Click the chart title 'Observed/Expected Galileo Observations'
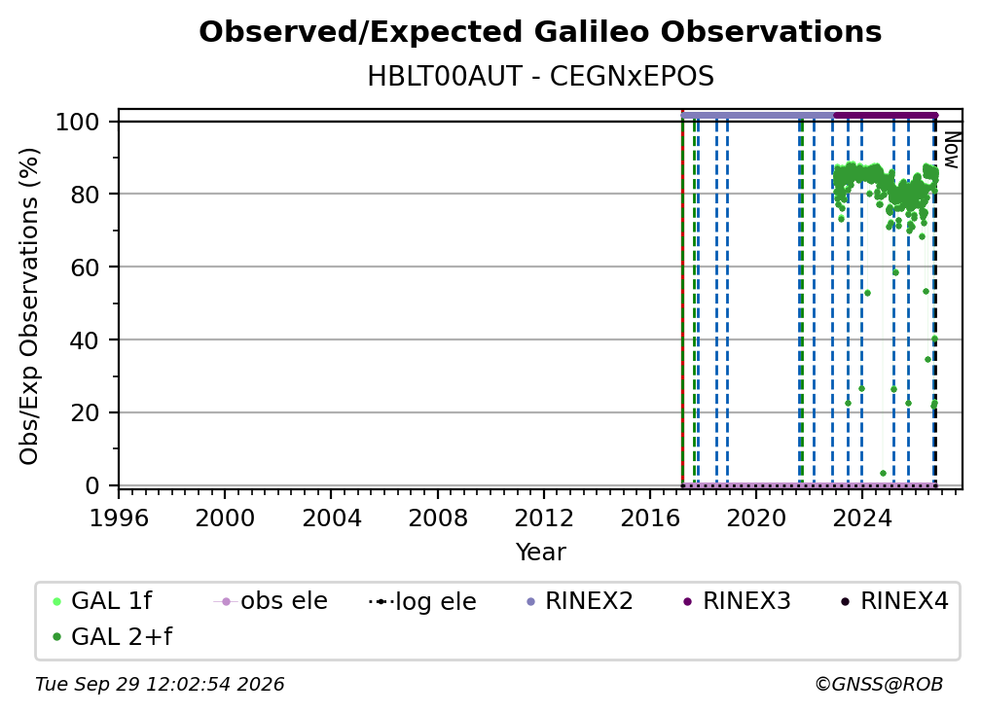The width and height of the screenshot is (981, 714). coord(540,32)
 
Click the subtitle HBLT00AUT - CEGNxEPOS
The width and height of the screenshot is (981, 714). coord(540,77)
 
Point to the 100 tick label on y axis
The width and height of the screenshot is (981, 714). coord(78,122)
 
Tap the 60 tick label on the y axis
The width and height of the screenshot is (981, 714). coord(85,267)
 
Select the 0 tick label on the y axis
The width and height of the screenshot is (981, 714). coord(92,485)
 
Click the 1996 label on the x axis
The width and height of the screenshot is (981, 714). coord(119,518)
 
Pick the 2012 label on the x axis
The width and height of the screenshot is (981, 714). coord(544,518)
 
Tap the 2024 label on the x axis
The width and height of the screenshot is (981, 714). coord(861,518)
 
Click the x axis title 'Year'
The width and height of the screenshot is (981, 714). coord(540,553)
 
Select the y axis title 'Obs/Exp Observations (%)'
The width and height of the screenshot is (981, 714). coord(29,306)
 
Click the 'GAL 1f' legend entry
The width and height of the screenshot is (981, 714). coord(102,601)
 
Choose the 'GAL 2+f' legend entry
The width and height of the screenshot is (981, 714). coord(112,636)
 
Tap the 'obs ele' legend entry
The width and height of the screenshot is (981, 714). coord(271,601)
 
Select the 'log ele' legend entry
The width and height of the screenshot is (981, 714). coord(423,601)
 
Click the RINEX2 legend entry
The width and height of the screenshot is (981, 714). coord(580,601)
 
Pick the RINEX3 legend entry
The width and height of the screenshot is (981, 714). coord(738,601)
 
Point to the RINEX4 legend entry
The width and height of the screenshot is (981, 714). coord(895,601)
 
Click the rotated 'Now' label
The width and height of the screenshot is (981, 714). coord(951,150)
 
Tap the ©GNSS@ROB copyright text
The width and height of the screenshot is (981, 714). coord(879,684)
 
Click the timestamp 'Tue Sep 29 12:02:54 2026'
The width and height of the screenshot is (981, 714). coord(160,684)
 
